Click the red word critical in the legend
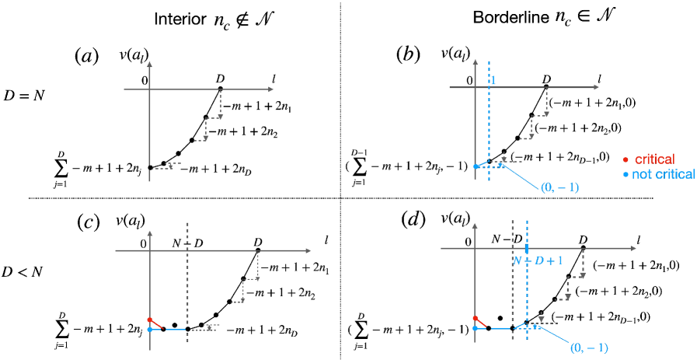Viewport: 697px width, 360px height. click(x=654, y=159)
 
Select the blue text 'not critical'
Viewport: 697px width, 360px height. click(x=663, y=174)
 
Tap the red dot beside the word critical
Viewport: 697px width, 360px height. click(x=626, y=159)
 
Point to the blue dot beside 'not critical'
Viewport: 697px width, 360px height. click(x=626, y=174)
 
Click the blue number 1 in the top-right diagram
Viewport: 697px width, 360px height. click(x=493, y=80)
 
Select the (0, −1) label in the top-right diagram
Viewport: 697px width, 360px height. click(x=559, y=188)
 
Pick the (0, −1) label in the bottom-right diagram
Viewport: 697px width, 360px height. click(x=588, y=348)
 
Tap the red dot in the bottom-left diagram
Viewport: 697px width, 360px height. click(x=149, y=320)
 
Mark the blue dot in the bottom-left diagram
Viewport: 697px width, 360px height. click(x=149, y=329)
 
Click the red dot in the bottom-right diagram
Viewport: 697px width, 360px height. click(x=475, y=318)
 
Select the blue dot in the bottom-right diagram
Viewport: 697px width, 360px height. click(x=475, y=328)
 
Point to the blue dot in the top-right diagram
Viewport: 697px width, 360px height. click(x=476, y=166)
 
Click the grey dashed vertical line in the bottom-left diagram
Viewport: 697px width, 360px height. click(x=188, y=280)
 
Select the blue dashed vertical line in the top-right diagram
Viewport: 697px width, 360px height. click(x=489, y=124)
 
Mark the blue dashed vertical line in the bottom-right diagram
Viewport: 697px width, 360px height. click(x=527, y=288)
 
